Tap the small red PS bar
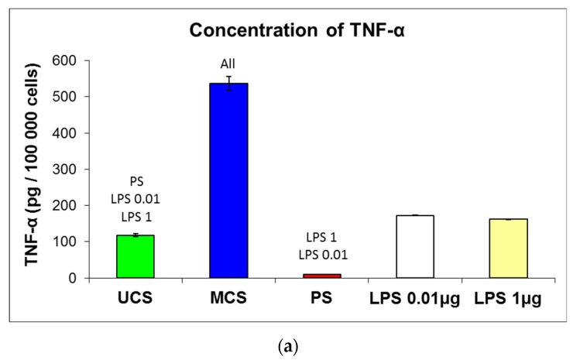pos(322,276)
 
